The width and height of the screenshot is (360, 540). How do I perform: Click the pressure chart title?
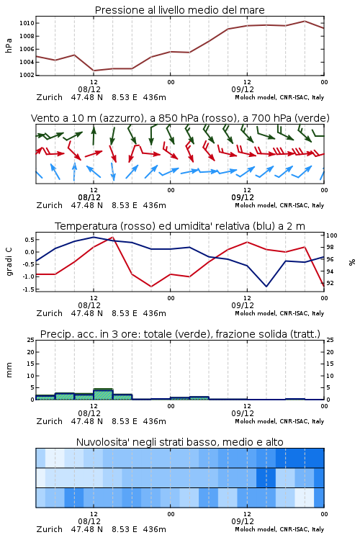pyautogui.click(x=179, y=10)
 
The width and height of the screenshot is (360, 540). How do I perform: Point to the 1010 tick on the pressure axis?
pyautogui.click(x=27, y=23)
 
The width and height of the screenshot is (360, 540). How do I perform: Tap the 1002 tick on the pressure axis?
pyautogui.click(x=27, y=75)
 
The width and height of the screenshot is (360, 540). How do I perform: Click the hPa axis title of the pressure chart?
pyautogui.click(x=9, y=45)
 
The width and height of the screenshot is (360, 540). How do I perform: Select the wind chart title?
pyautogui.click(x=180, y=118)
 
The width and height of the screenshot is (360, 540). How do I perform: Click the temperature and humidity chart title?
pyautogui.click(x=180, y=226)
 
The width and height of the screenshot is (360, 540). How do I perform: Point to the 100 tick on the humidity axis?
pyautogui.click(x=332, y=235)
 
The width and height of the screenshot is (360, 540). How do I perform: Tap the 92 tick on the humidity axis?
pyautogui.click(x=330, y=283)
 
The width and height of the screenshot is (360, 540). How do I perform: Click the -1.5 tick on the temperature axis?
pyautogui.click(x=28, y=289)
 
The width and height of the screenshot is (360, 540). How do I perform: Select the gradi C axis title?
pyautogui.click(x=9, y=262)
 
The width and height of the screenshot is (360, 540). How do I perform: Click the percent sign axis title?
pyautogui.click(x=352, y=262)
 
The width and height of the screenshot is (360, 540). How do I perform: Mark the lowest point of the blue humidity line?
pyautogui.click(x=266, y=286)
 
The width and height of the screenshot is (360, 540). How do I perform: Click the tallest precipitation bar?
pyautogui.click(x=104, y=394)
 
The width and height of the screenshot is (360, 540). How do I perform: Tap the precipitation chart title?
pyautogui.click(x=180, y=334)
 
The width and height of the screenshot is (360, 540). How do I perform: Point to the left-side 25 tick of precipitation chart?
pyautogui.click(x=30, y=340)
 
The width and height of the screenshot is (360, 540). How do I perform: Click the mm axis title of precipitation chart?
pyautogui.click(x=9, y=370)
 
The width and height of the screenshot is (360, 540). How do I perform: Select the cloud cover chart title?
pyautogui.click(x=179, y=442)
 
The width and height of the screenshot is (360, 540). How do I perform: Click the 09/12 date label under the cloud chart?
pyautogui.click(x=243, y=521)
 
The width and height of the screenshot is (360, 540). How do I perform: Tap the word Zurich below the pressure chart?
pyautogui.click(x=50, y=97)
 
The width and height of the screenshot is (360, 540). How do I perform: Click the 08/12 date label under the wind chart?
pyautogui.click(x=89, y=197)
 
